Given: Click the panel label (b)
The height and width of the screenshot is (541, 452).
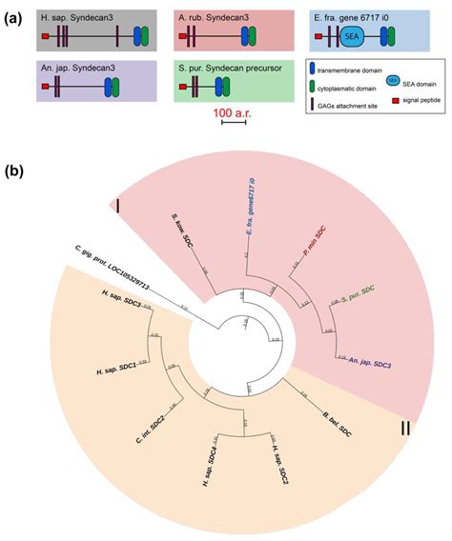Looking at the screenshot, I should tap(16, 171).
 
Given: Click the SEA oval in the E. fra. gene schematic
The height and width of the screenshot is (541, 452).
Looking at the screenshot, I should tap(350, 37).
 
